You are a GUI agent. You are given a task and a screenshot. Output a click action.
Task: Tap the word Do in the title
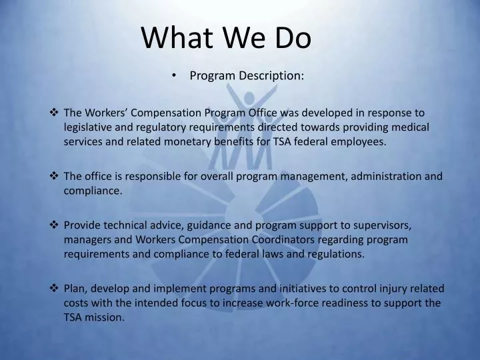(x=293, y=39)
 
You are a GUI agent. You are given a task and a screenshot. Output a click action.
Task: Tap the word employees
(x=357, y=141)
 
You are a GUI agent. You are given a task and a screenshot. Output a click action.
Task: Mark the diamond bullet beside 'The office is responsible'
(x=55, y=176)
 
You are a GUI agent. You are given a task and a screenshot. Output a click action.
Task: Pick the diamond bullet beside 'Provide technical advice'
(x=55, y=225)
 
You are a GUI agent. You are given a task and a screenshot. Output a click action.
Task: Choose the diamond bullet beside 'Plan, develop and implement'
(x=55, y=289)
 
